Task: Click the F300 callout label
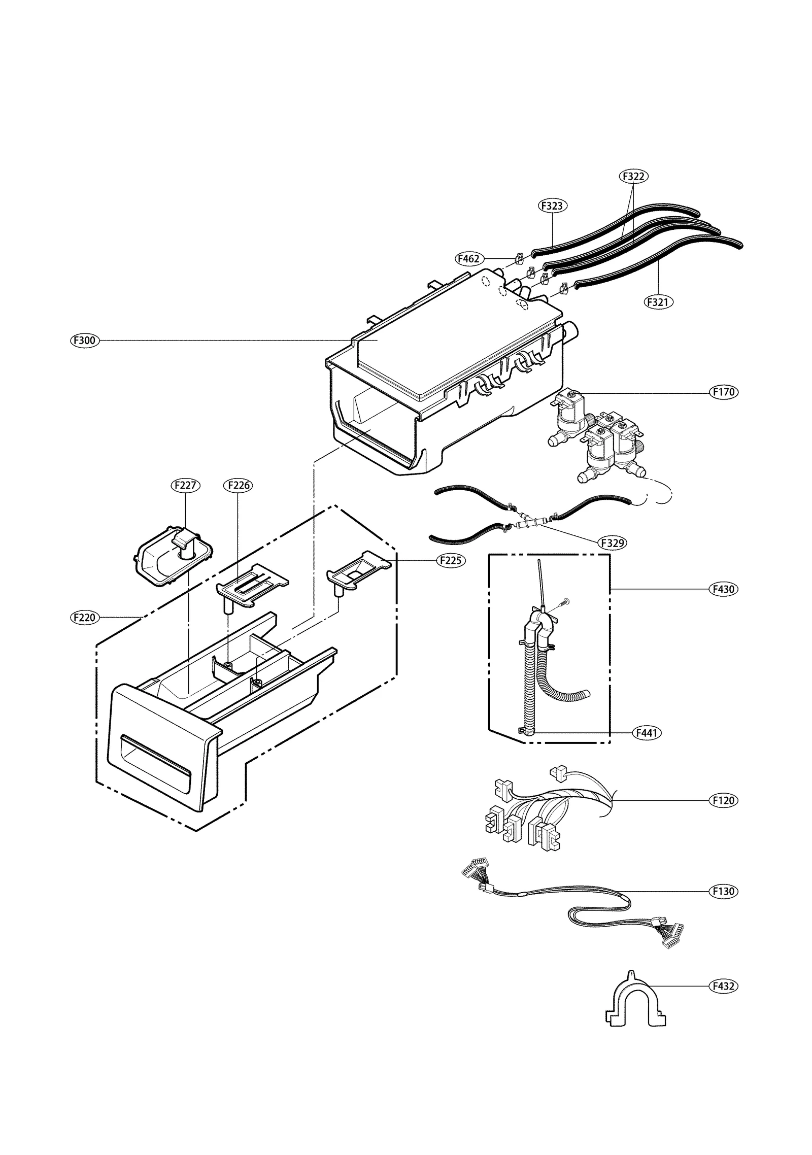click(x=85, y=341)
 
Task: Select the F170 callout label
click(x=724, y=392)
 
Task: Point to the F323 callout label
click(x=552, y=206)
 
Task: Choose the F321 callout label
click(x=658, y=302)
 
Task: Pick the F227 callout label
click(x=185, y=485)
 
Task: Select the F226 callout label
click(x=239, y=485)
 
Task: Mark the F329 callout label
click(x=612, y=542)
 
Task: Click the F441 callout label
click(x=648, y=733)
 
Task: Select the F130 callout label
click(x=724, y=891)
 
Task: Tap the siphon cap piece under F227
click(x=173, y=557)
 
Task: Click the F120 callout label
click(x=724, y=800)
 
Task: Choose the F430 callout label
click(x=724, y=589)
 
